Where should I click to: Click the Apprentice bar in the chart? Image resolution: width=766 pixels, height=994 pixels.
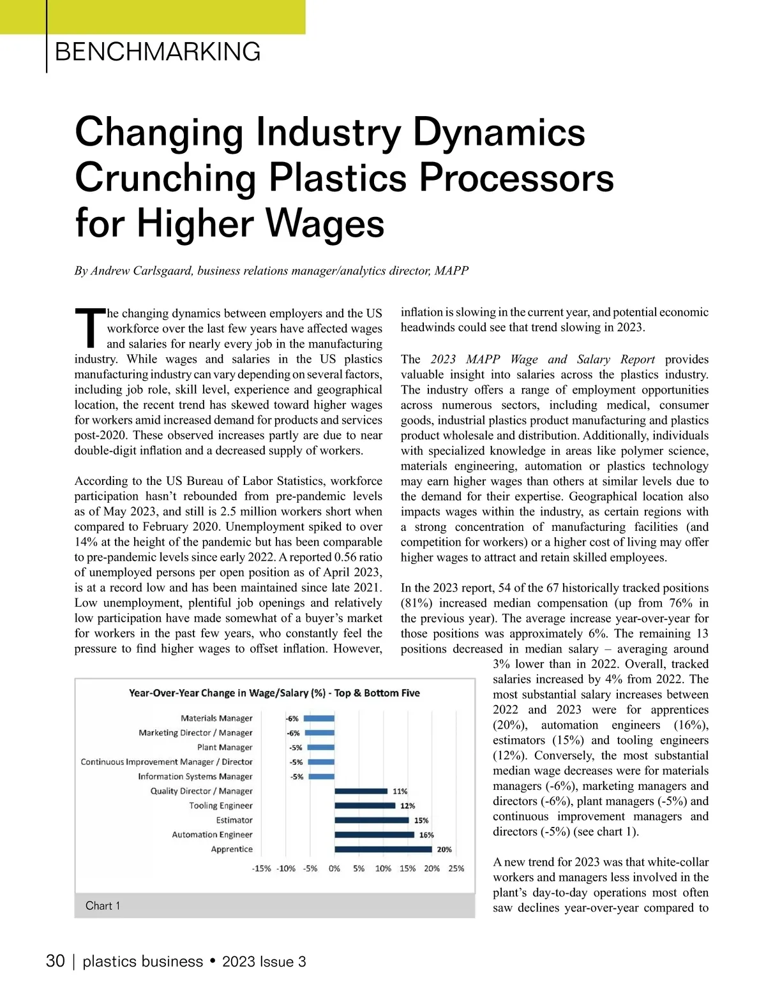tap(383, 849)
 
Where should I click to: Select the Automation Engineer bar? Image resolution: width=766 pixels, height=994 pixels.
tap(374, 835)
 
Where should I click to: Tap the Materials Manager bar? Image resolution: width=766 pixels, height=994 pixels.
tap(319, 718)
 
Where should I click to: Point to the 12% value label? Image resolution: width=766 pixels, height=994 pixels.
tap(407, 806)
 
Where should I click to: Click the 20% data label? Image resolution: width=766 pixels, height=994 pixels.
tap(444, 850)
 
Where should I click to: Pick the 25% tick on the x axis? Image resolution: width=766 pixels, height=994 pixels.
tap(456, 868)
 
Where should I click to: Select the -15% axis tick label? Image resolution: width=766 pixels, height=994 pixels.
tap(262, 868)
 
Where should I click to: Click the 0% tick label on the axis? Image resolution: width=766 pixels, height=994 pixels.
tap(334, 868)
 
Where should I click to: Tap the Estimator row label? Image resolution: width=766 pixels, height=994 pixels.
tap(234, 820)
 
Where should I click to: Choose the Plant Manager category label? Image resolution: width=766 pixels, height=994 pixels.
tap(225, 747)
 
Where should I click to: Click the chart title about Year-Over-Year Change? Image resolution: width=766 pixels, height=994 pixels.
tap(274, 693)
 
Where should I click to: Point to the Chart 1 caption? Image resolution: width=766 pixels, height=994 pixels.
tap(103, 906)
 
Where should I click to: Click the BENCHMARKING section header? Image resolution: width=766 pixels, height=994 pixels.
tap(158, 52)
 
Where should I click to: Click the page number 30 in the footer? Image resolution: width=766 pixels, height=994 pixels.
tap(56, 961)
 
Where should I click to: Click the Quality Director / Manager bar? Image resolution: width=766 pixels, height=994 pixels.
tap(361, 791)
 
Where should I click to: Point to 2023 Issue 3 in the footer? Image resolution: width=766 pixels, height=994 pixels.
tap(264, 962)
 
